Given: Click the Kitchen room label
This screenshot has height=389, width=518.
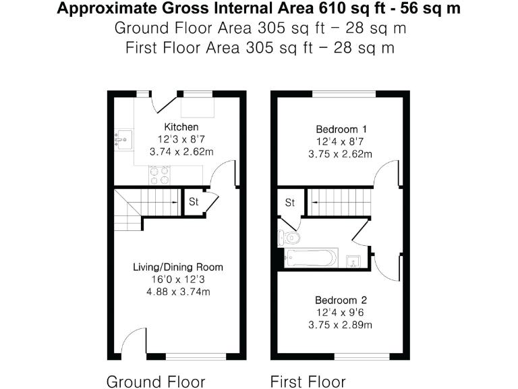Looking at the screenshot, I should (181, 127).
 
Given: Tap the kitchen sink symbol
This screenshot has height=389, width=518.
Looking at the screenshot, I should (123, 138).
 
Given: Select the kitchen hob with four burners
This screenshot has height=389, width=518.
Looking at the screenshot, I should (159, 175).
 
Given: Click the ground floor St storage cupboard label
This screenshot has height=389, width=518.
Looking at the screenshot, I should (193, 202).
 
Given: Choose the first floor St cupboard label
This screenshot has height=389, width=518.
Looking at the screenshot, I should (290, 203).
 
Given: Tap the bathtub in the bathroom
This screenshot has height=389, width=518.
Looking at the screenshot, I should (311, 258).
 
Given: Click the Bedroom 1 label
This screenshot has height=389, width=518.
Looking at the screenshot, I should (341, 129).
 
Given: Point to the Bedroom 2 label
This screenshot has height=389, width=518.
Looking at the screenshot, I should (341, 300).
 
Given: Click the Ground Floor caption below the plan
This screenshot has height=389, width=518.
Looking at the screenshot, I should (155, 382).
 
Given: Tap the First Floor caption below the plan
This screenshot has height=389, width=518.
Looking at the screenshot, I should (308, 382).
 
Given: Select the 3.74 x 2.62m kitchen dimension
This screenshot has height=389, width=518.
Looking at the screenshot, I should (181, 152).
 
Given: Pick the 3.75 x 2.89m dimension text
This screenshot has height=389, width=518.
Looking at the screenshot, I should (341, 325).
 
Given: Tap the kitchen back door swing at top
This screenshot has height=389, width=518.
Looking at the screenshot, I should (164, 103).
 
